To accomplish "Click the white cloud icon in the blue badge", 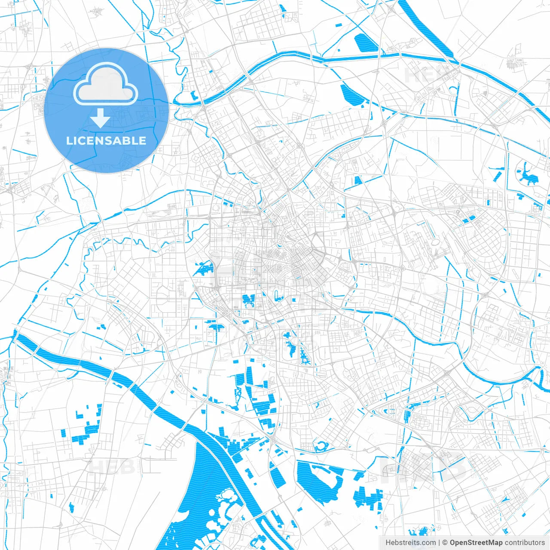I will pos(106,85).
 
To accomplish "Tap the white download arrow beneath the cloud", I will pos(100,118).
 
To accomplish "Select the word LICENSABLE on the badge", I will pos(106,141).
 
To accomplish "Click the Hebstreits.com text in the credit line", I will pos(410,543).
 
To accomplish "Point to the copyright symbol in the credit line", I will pos(445,543).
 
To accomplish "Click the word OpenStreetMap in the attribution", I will pos(476,543).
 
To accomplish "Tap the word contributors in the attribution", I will pos(525,543).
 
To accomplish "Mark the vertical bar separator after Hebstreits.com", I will pos(439,543).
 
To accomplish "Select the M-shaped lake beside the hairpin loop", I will pos(249,300).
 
